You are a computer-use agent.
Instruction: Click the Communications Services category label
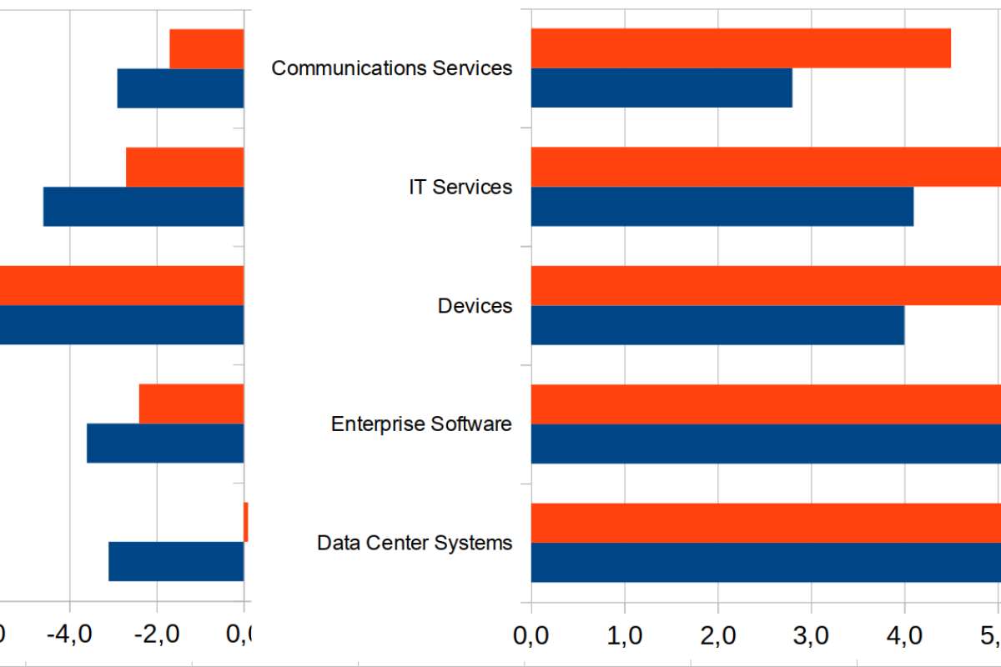point(392,68)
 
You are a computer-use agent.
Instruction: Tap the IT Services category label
point(460,187)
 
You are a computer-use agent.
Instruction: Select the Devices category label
point(475,306)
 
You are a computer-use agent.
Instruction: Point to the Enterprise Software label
point(421,424)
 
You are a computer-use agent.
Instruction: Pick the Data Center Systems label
point(415,544)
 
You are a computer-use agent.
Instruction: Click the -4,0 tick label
point(70,636)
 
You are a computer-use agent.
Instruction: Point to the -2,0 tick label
point(158,636)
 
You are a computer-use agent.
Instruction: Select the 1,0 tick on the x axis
point(623,636)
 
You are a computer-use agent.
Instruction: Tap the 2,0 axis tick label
point(717,636)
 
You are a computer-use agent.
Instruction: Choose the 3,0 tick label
point(810,636)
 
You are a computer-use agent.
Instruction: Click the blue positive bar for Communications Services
point(661,88)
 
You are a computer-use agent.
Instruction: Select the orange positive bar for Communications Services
point(741,48)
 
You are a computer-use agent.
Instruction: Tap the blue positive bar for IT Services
point(722,207)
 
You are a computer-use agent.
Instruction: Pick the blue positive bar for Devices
point(717,325)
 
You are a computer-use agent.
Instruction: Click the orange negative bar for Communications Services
point(207,48)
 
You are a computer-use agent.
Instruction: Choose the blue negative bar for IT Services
point(143,207)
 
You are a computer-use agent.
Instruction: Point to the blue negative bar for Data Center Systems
point(176,562)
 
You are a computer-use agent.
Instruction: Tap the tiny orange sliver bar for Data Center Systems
point(246,522)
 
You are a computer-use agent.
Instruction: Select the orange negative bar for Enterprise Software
point(191,404)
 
